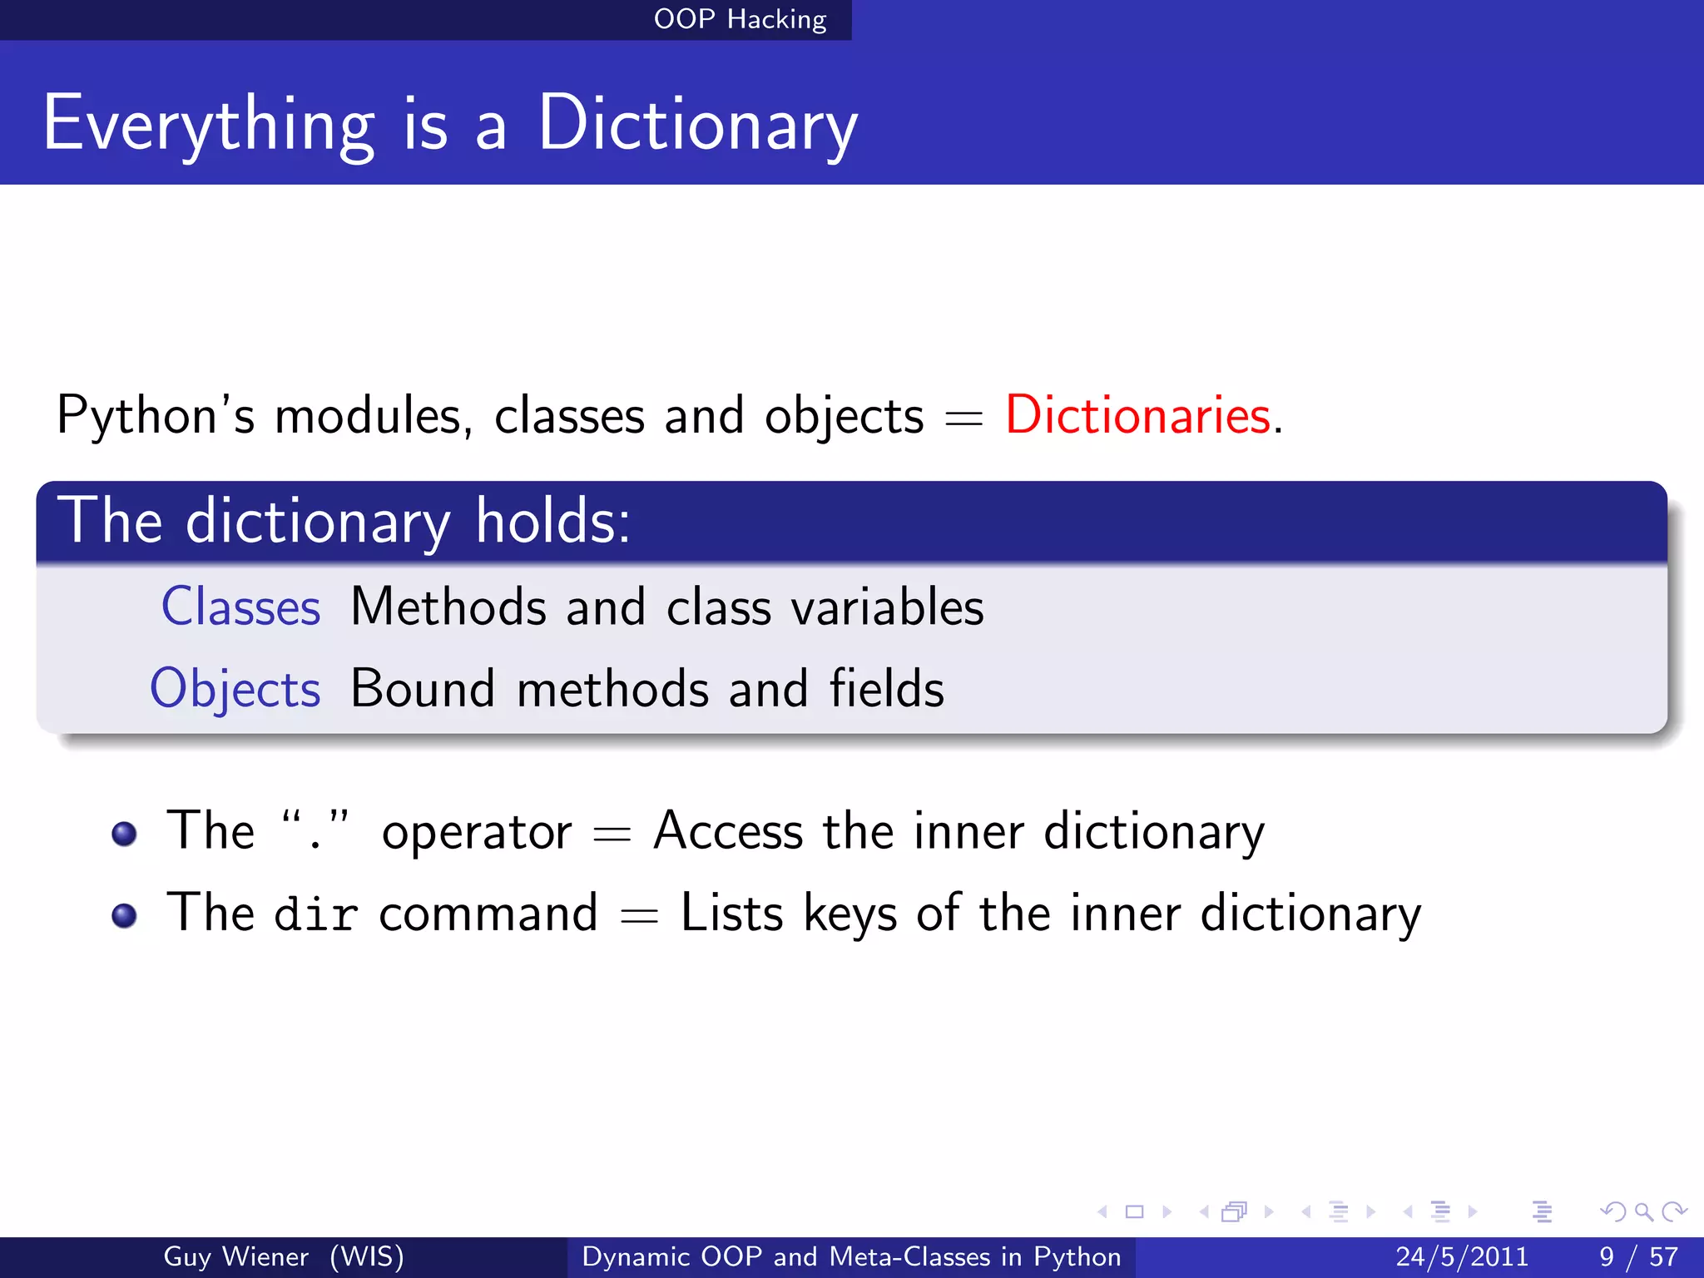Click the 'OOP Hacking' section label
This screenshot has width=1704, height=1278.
(x=740, y=19)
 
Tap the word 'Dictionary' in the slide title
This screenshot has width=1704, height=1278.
(x=697, y=125)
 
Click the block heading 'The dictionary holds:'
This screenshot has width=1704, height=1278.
(x=344, y=522)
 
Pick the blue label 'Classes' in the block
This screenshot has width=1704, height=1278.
(x=240, y=607)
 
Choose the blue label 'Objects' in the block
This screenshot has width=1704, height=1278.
(x=235, y=689)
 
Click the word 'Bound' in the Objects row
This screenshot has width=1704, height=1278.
(x=423, y=689)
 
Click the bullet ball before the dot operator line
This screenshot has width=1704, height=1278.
(x=124, y=834)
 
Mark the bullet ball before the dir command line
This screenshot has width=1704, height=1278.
(x=124, y=915)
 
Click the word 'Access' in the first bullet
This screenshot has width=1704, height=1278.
(x=728, y=831)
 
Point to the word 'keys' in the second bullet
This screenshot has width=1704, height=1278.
(x=850, y=914)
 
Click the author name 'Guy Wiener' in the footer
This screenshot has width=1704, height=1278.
(x=235, y=1256)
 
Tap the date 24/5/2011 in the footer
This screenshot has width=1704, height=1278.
(x=1462, y=1256)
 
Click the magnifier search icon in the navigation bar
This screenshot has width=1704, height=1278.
(x=1642, y=1211)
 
